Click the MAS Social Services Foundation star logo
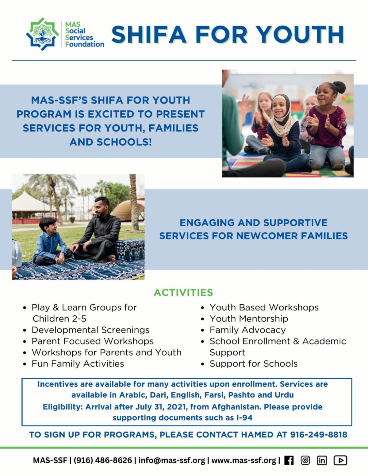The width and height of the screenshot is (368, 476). [x=43, y=34]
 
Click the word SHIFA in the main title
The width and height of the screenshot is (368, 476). [x=149, y=35]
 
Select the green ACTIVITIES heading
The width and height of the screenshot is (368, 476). [x=183, y=292]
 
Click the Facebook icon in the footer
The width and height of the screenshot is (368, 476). [x=289, y=460]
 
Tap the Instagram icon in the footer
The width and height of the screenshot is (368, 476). [x=305, y=460]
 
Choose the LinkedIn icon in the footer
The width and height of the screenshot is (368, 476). [x=322, y=460]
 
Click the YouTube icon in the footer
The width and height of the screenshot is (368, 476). [x=340, y=460]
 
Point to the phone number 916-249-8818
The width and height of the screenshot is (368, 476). [x=319, y=435]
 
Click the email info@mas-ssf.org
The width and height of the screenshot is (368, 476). [x=172, y=460]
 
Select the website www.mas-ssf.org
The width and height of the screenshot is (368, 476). [x=244, y=460]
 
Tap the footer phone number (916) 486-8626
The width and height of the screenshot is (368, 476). [x=103, y=460]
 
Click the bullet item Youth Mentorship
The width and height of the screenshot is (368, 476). [x=249, y=319]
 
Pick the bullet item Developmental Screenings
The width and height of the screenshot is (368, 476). [x=90, y=330]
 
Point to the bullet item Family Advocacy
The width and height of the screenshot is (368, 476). [x=248, y=330]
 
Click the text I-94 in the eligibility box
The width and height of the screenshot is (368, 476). [x=244, y=418]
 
